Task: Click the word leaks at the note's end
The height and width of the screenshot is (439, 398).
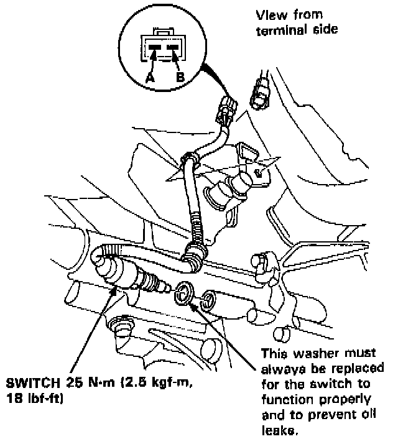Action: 276,429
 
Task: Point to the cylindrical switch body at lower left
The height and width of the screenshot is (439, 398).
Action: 118,272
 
